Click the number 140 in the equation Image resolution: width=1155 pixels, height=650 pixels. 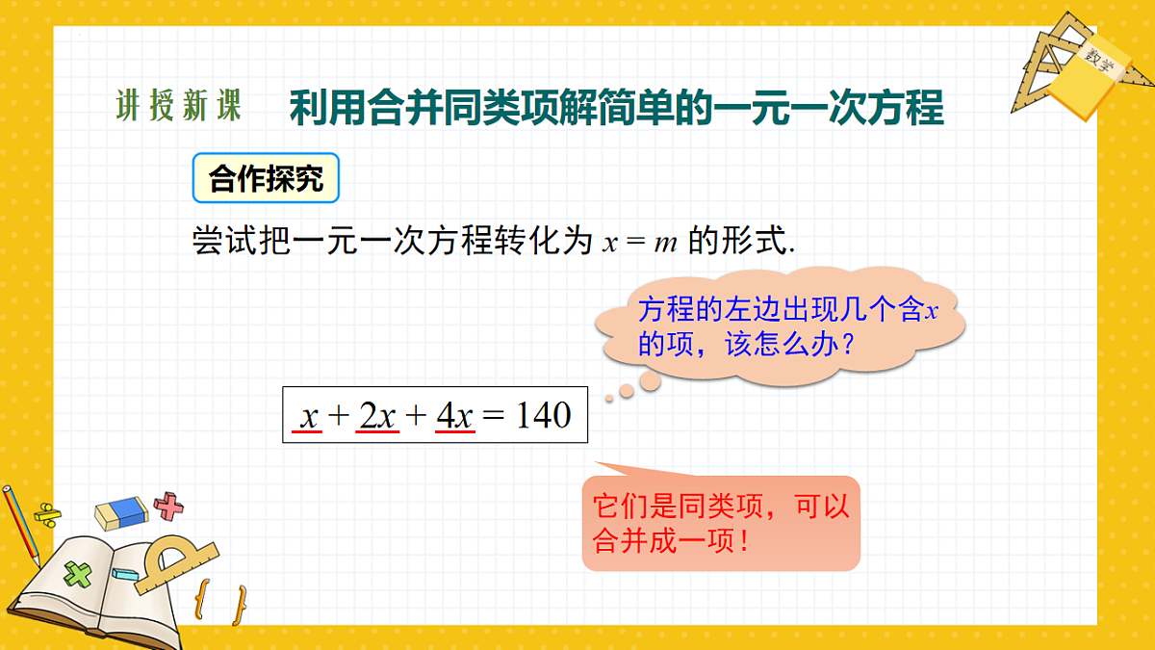point(544,415)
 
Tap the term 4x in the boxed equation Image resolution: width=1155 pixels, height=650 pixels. point(454,415)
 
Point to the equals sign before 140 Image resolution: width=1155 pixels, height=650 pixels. point(493,416)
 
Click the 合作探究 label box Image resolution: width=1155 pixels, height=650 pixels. point(266,178)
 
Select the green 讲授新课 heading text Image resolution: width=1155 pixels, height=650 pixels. point(178,107)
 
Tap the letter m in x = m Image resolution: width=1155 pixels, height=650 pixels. point(665,243)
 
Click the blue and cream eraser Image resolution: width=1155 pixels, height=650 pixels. point(122,511)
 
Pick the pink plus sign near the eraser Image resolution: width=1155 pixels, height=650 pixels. point(169,506)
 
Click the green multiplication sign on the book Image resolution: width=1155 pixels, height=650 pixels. point(77,575)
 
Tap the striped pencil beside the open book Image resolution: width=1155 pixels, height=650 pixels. point(20,525)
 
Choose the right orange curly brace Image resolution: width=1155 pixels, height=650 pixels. point(239,605)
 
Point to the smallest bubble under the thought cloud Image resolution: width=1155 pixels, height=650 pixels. point(608,397)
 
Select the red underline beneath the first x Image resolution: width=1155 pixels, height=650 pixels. point(309,432)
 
